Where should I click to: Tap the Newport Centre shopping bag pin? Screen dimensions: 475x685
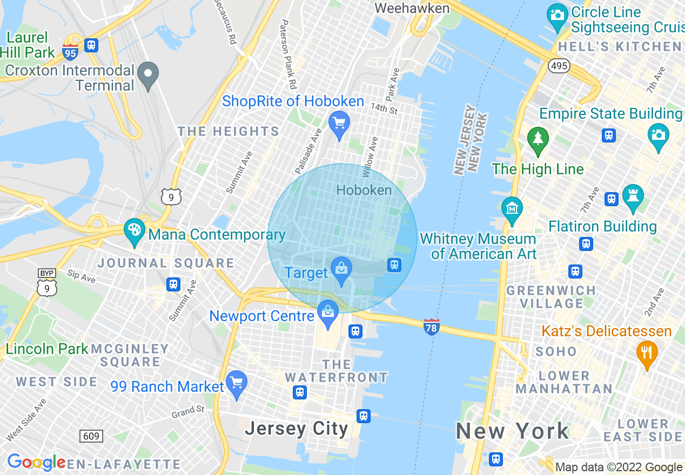coord(327,312)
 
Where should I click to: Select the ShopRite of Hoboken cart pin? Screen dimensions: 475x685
coord(339,124)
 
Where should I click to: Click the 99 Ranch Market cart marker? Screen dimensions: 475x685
coord(236,382)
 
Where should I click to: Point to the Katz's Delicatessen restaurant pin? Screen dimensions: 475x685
coord(647,352)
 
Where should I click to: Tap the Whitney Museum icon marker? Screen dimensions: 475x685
coord(512,208)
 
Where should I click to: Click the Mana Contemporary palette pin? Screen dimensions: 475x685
coord(134,230)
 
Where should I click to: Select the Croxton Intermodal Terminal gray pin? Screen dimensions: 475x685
coord(147,73)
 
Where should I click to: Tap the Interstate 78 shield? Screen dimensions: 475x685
coord(431,327)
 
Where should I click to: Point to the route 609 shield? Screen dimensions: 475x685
coord(91,436)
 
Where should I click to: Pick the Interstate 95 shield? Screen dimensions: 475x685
coord(70,52)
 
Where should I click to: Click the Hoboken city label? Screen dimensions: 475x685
coord(364,190)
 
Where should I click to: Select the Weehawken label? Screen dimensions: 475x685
coord(412,8)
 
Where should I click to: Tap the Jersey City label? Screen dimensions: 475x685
coord(296,429)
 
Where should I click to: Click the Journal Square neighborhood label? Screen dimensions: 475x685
coord(166,263)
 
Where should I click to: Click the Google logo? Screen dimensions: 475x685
coord(36,463)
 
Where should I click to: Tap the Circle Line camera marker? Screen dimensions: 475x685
coord(557,15)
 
